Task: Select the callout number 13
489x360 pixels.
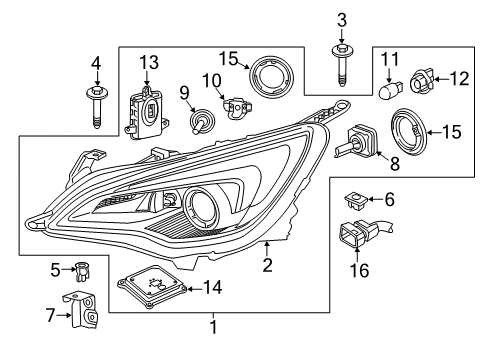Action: click(x=149, y=62)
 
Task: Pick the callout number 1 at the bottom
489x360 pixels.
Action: click(x=212, y=325)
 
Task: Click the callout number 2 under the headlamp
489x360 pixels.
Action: click(x=266, y=264)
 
